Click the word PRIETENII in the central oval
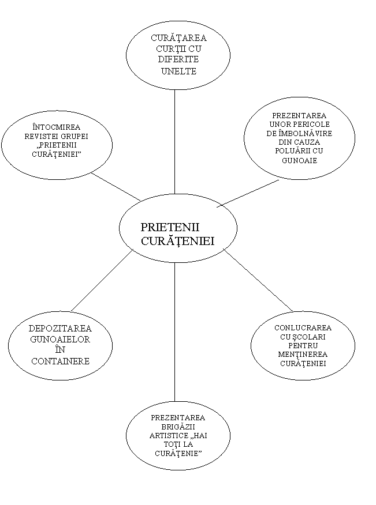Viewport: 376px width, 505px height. pyautogui.click(x=170, y=227)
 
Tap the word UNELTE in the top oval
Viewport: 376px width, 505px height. pyautogui.click(x=179, y=71)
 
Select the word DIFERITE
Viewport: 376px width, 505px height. pyautogui.click(x=178, y=59)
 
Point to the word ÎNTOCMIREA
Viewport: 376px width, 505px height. pyautogui.click(x=57, y=127)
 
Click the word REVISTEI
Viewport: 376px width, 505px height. pyautogui.click(x=39, y=136)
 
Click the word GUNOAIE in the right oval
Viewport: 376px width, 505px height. pyautogui.click(x=300, y=160)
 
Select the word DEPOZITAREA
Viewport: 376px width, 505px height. pyautogui.click(x=60, y=329)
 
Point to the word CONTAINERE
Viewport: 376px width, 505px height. pyautogui.click(x=60, y=361)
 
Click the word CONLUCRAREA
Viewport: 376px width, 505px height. pyautogui.click(x=303, y=328)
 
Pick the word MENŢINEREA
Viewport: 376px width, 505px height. pyautogui.click(x=303, y=355)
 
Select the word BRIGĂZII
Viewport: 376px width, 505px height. pyautogui.click(x=178, y=427)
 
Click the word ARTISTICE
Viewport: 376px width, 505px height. pyautogui.click(x=165, y=436)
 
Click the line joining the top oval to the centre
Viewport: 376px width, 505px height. pyautogui.click(x=175, y=142)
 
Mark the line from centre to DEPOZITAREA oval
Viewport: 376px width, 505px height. pyautogui.click(x=102, y=280)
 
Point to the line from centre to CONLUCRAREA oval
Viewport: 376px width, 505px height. pyautogui.click(x=259, y=280)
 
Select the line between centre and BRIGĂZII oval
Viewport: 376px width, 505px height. pyautogui.click(x=175, y=332)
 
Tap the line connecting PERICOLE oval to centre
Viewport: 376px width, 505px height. pyautogui.click(x=248, y=193)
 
